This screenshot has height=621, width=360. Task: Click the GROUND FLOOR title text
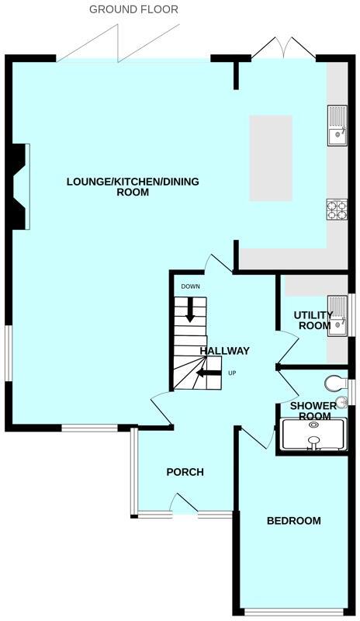coord(133,10)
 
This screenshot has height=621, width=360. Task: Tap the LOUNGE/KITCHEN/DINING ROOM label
coord(133,187)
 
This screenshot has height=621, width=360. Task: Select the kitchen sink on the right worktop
coord(337,127)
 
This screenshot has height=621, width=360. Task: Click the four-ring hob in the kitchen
coord(337,210)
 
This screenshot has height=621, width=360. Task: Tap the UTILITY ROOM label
coord(312,321)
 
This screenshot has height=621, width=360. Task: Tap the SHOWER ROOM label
coord(313,411)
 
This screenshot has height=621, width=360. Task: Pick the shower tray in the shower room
coord(313,435)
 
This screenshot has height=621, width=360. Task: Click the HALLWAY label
coord(225,351)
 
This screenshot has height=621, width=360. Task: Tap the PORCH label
coord(185,472)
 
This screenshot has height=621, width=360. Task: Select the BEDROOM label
coord(293,521)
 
